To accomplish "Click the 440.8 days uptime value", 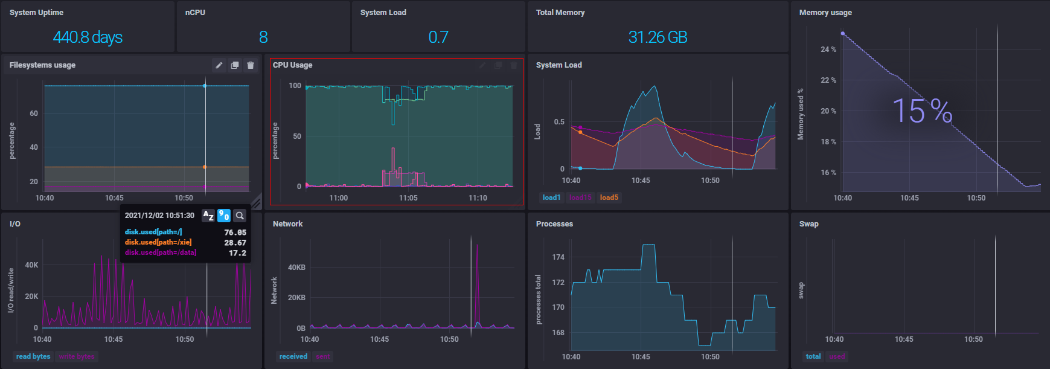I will pyautogui.click(x=88, y=37).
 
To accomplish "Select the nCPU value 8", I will pyautogui.click(x=263, y=37).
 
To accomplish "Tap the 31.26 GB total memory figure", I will pyautogui.click(x=658, y=37).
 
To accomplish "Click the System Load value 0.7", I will pyautogui.click(x=438, y=37).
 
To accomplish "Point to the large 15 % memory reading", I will pyautogui.click(x=922, y=111).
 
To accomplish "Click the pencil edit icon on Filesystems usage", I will pyautogui.click(x=219, y=65).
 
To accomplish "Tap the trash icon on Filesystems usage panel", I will pyautogui.click(x=251, y=65).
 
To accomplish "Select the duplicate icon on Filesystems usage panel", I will pyautogui.click(x=235, y=65).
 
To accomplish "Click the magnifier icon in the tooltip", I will pyautogui.click(x=240, y=216).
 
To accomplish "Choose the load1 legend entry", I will pyautogui.click(x=551, y=197).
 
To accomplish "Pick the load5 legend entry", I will pyautogui.click(x=609, y=197).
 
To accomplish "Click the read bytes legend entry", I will pyautogui.click(x=33, y=356).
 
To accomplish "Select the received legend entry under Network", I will pyautogui.click(x=293, y=356).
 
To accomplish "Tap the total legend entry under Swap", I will pyautogui.click(x=813, y=356).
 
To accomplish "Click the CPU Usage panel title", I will pyautogui.click(x=292, y=65).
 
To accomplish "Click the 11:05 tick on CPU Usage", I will pyautogui.click(x=408, y=198).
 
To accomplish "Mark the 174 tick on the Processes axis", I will pyautogui.click(x=558, y=257).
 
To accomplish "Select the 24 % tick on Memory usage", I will pyautogui.click(x=828, y=50).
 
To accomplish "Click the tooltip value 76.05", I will pyautogui.click(x=235, y=233).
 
